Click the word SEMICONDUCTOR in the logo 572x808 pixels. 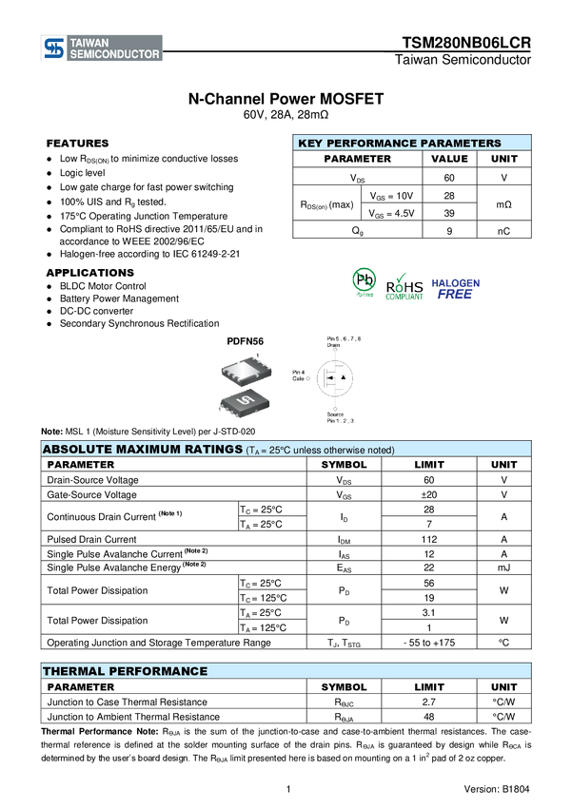click(114, 55)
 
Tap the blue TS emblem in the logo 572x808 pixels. click(53, 48)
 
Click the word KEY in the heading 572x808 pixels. click(310, 144)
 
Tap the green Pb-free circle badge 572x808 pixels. click(364, 281)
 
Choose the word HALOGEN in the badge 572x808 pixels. click(456, 283)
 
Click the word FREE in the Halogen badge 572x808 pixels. click(455, 295)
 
